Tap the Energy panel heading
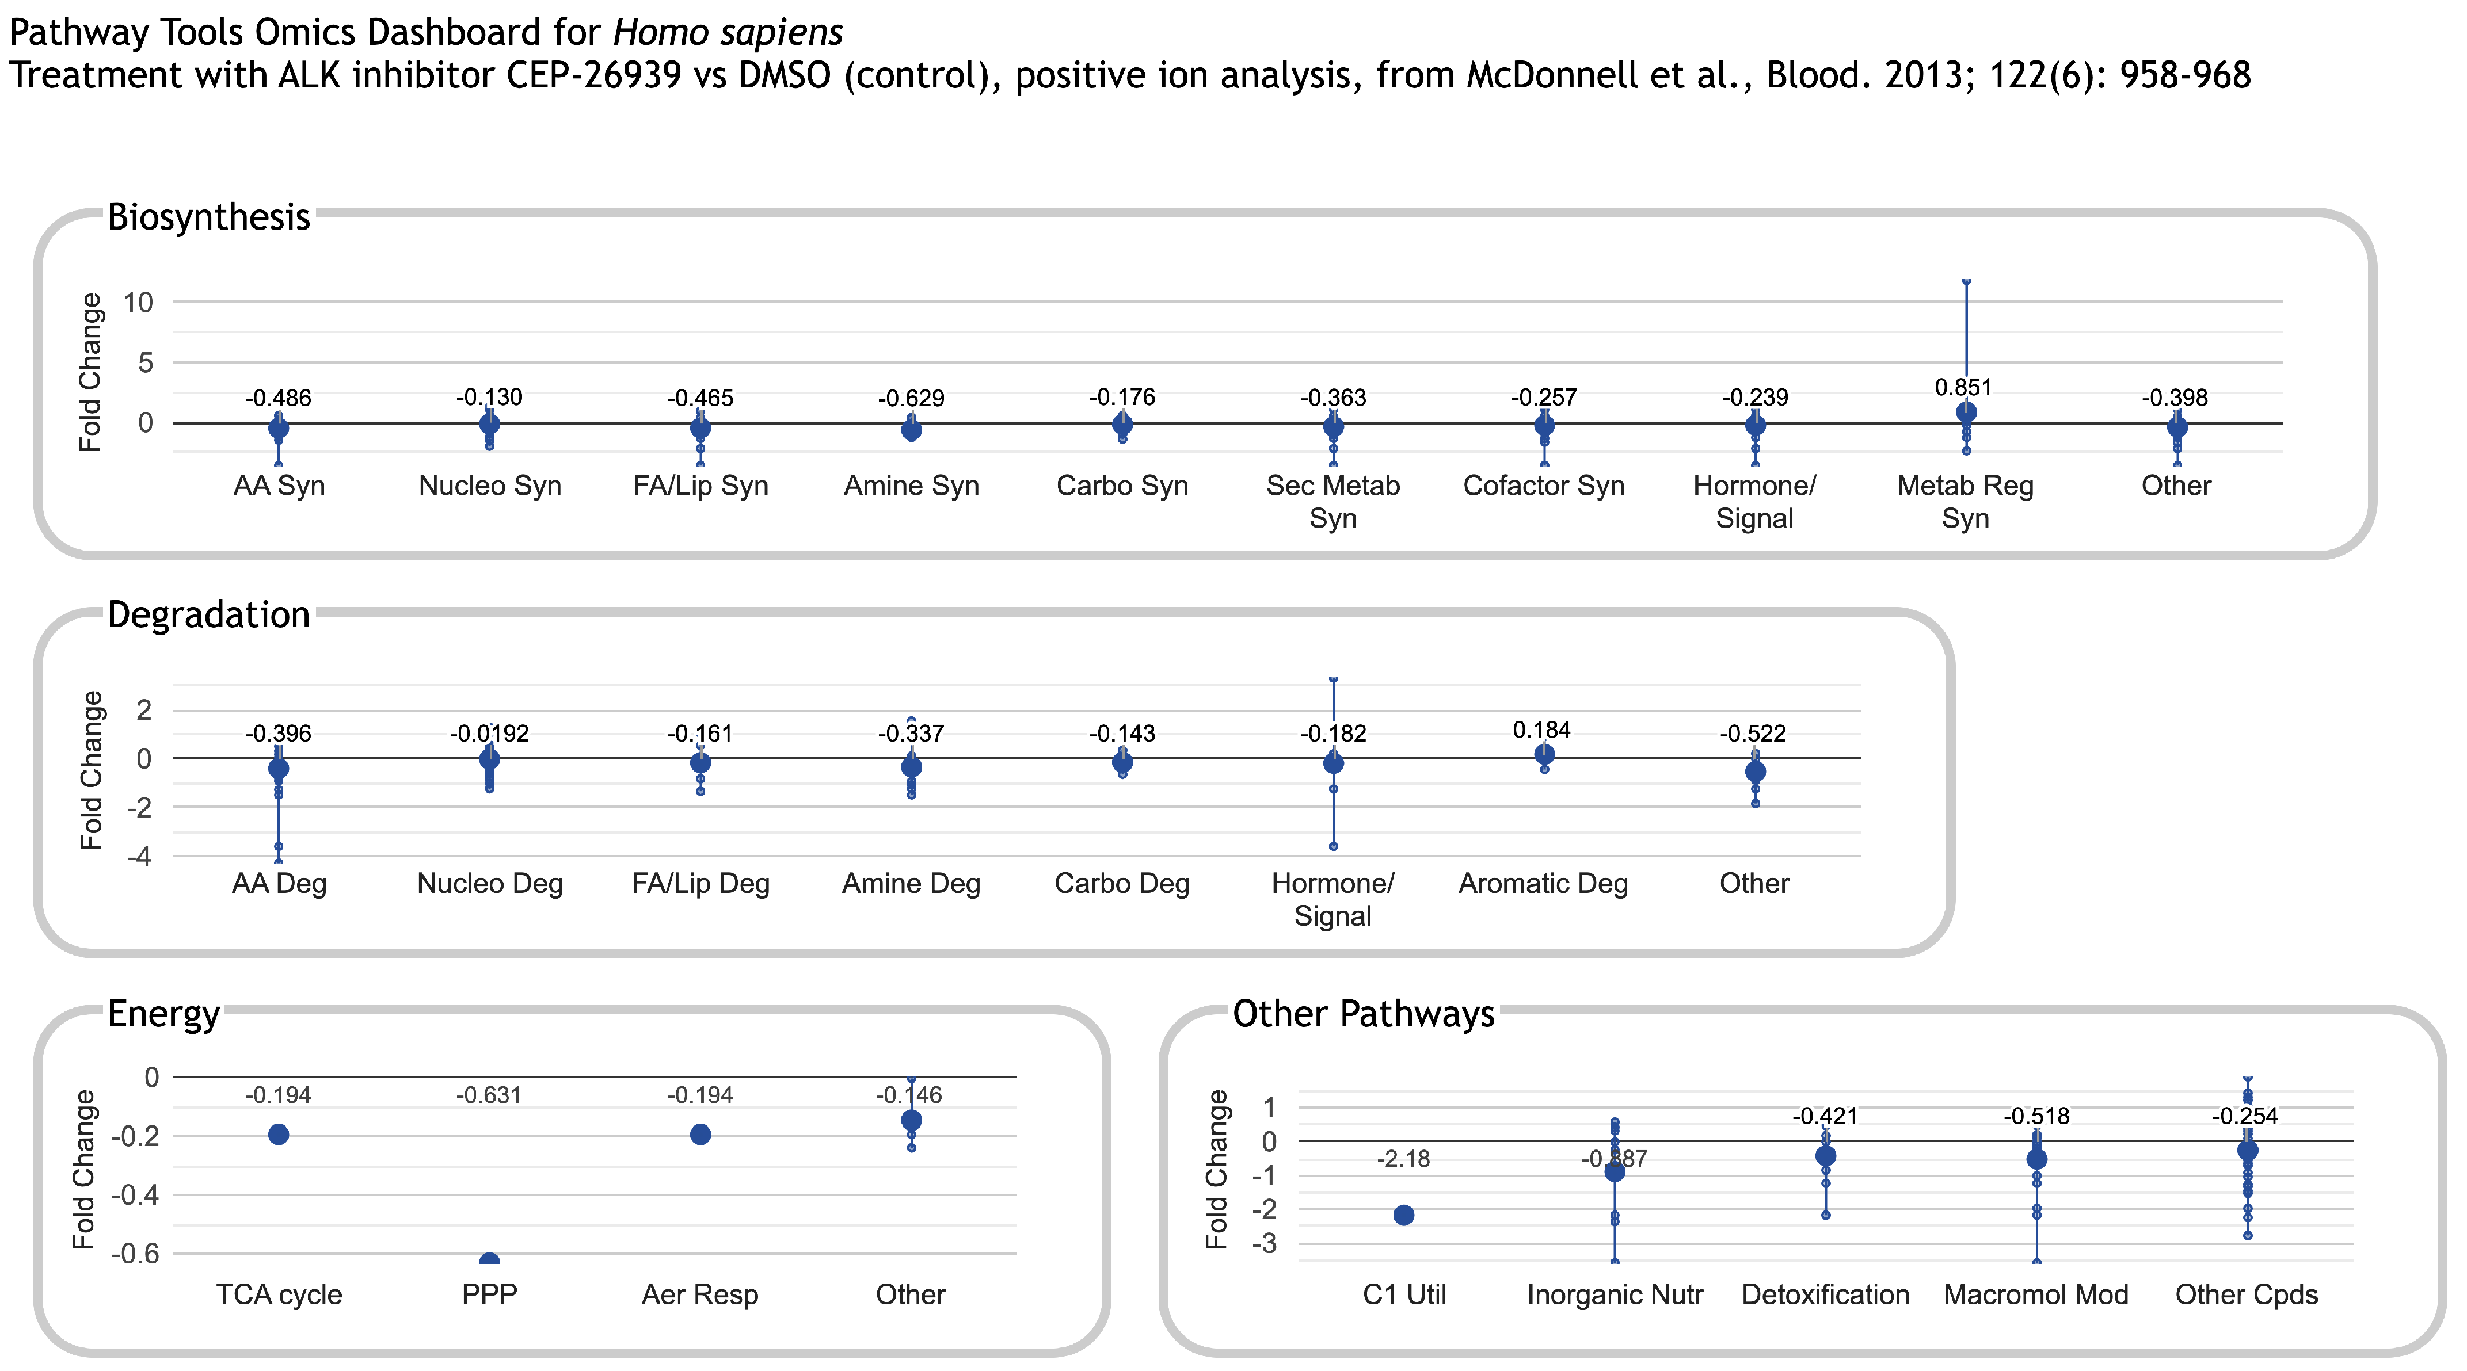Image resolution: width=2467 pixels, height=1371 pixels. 163,1013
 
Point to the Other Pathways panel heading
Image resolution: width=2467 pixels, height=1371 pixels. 1363,1013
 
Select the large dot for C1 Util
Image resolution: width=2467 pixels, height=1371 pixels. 1403,1215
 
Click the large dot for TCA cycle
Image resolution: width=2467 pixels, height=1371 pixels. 279,1135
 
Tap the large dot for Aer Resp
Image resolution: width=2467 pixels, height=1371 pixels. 700,1135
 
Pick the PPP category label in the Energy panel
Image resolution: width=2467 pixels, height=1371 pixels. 489,1294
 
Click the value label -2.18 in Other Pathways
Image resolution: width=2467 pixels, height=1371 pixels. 1403,1159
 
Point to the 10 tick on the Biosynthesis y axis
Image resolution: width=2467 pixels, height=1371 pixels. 138,303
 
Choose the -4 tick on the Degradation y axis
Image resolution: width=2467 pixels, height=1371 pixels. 139,857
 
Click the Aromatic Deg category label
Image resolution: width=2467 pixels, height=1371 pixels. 1543,884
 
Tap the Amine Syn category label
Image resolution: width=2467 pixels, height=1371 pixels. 911,486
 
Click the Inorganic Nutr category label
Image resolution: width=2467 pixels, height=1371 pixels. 1615,1294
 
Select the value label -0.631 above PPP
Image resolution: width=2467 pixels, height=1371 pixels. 489,1095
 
